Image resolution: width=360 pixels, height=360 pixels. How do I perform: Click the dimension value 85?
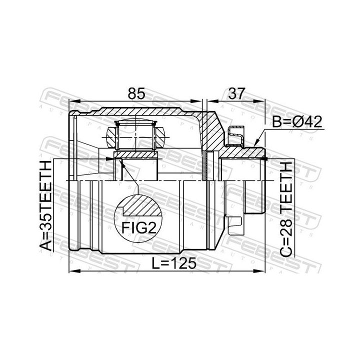pyautogui.click(x=136, y=93)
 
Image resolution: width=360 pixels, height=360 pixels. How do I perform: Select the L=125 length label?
pyautogui.click(x=174, y=263)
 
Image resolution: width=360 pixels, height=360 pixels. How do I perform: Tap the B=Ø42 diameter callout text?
pyautogui.click(x=297, y=121)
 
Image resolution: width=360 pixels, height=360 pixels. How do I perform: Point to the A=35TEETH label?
pyautogui.click(x=45, y=205)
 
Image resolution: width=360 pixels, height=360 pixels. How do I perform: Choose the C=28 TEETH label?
pyautogui.click(x=286, y=209)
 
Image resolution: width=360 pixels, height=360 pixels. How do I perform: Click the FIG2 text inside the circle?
pyautogui.click(x=138, y=228)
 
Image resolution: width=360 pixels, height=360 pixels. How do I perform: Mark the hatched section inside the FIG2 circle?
pyautogui.click(x=141, y=205)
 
